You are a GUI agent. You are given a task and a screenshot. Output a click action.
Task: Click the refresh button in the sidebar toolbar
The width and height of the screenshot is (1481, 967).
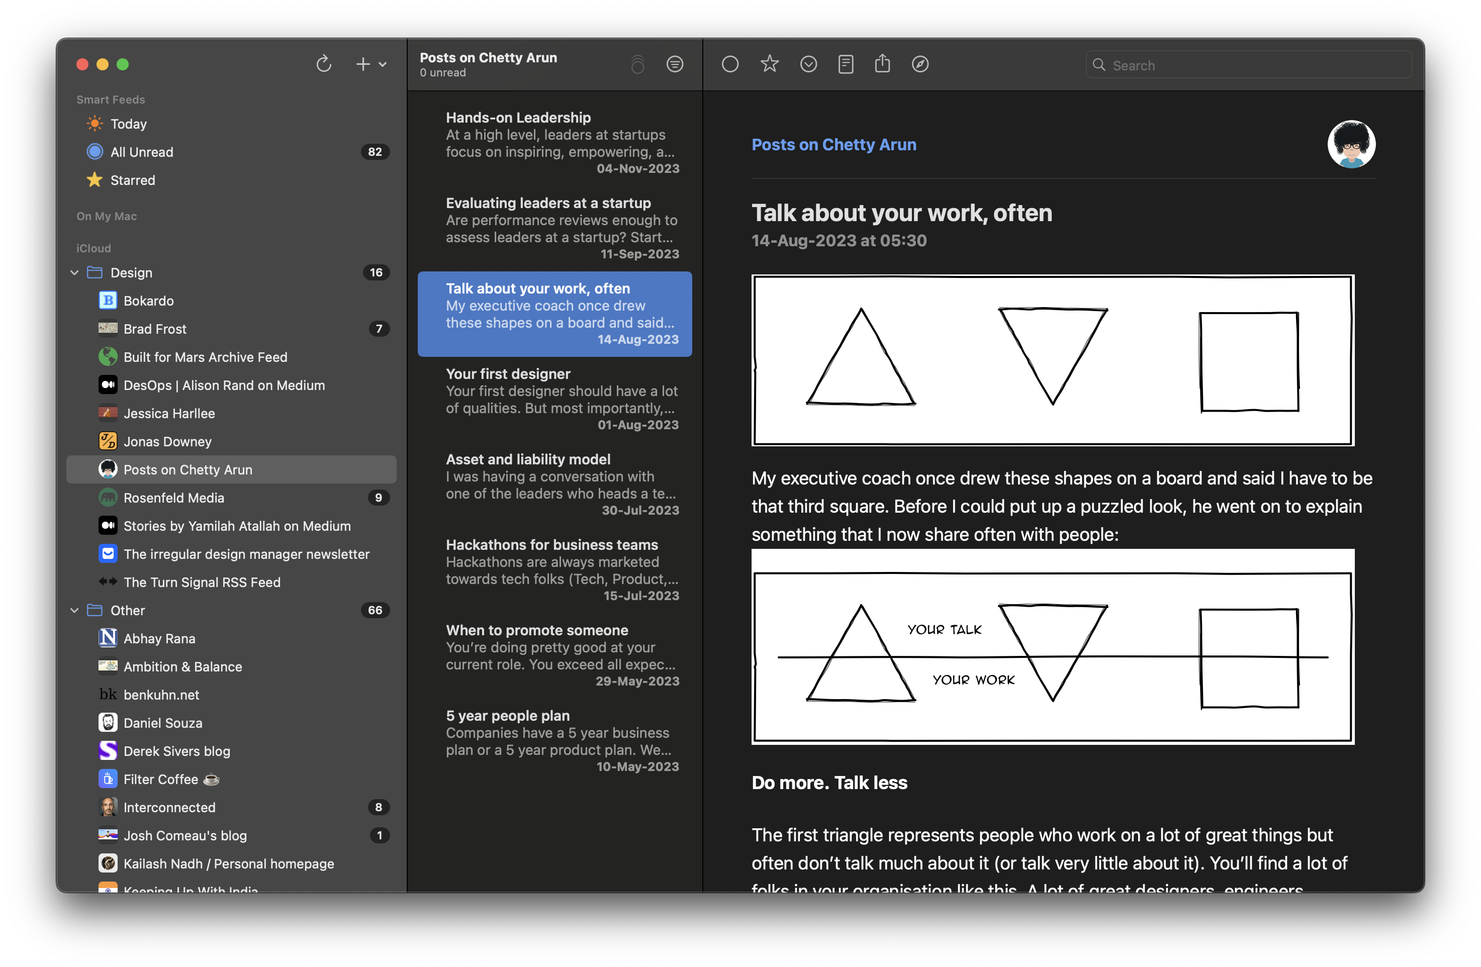click(324, 64)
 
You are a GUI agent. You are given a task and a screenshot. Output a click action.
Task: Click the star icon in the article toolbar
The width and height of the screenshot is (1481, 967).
click(770, 64)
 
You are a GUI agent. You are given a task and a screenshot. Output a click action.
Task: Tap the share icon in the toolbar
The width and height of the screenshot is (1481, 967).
click(882, 64)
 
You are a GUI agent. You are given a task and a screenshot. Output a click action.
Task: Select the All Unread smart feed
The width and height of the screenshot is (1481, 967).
click(142, 152)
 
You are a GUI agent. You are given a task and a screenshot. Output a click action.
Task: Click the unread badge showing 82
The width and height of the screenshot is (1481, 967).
click(375, 152)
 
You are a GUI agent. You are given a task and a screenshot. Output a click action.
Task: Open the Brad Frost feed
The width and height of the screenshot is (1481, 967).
click(154, 329)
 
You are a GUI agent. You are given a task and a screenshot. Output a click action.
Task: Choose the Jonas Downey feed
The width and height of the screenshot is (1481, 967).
click(167, 441)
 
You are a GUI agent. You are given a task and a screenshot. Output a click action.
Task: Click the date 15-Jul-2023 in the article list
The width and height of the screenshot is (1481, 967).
click(641, 596)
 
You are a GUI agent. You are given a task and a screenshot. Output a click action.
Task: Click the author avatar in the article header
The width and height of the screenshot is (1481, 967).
click(1351, 144)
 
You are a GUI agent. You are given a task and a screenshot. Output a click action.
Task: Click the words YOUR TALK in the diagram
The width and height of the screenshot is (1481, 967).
click(944, 630)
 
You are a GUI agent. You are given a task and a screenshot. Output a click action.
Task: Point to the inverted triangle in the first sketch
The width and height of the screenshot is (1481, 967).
click(1053, 348)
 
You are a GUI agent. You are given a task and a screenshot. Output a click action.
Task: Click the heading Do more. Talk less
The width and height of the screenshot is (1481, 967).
click(829, 783)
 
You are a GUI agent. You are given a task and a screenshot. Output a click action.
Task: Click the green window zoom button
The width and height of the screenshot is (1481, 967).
click(123, 64)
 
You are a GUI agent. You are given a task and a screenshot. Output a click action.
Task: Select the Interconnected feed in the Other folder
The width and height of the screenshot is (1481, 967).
click(169, 807)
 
